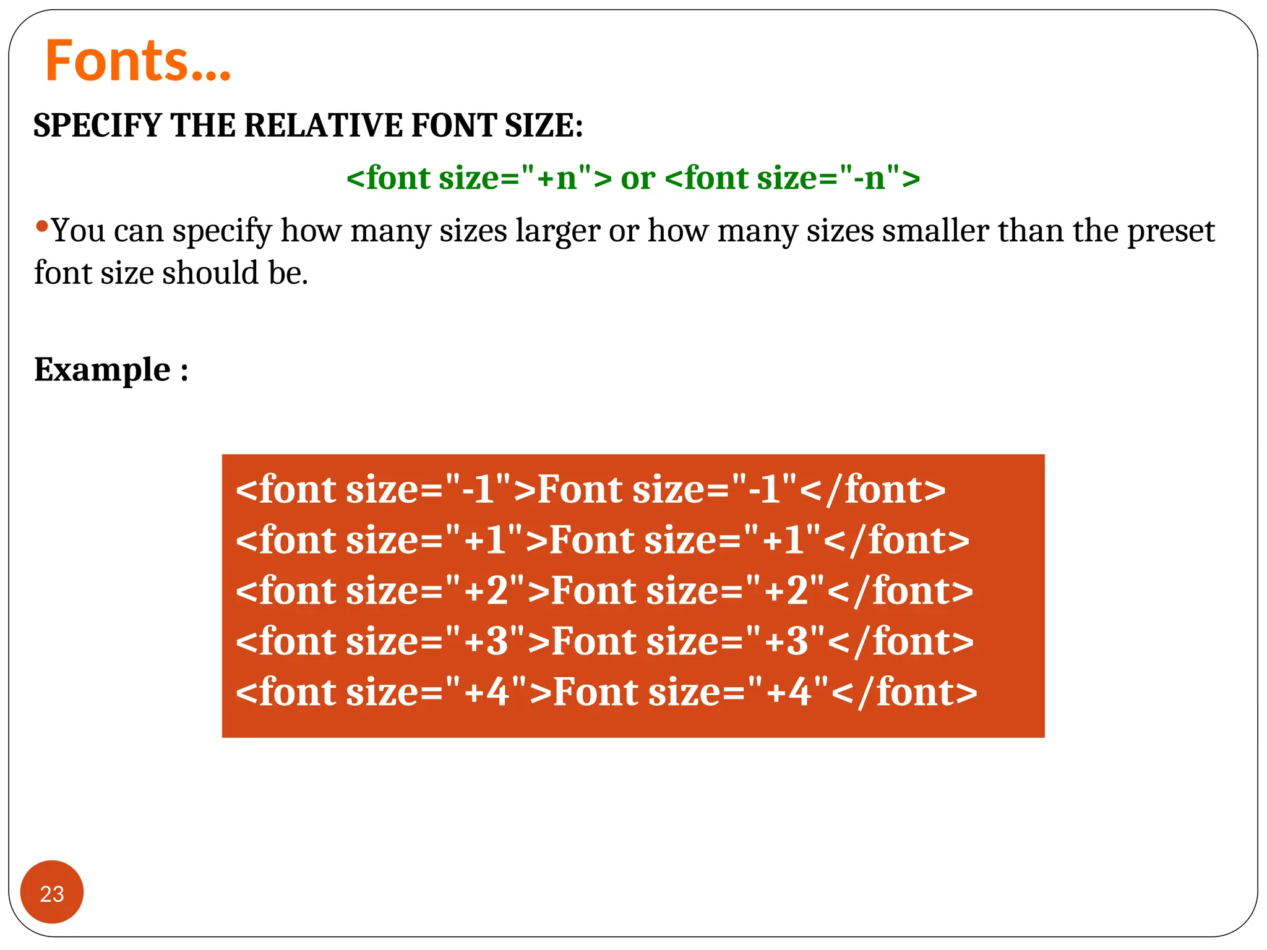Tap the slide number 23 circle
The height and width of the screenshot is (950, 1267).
[x=52, y=892]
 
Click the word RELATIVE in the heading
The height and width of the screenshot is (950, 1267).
[x=324, y=126]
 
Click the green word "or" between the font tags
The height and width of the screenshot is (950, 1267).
[x=638, y=179]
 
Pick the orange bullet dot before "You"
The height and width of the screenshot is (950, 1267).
[x=42, y=226]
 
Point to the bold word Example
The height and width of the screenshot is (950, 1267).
[x=102, y=370]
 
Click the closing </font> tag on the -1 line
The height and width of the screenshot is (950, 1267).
[x=872, y=490]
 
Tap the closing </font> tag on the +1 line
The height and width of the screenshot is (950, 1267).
[x=896, y=541]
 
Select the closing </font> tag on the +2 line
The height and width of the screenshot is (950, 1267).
[x=900, y=591]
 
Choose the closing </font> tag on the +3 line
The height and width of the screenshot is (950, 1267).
[x=900, y=641]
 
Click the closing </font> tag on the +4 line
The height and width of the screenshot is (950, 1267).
[x=904, y=692]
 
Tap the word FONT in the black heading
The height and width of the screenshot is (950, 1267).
[x=453, y=126]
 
